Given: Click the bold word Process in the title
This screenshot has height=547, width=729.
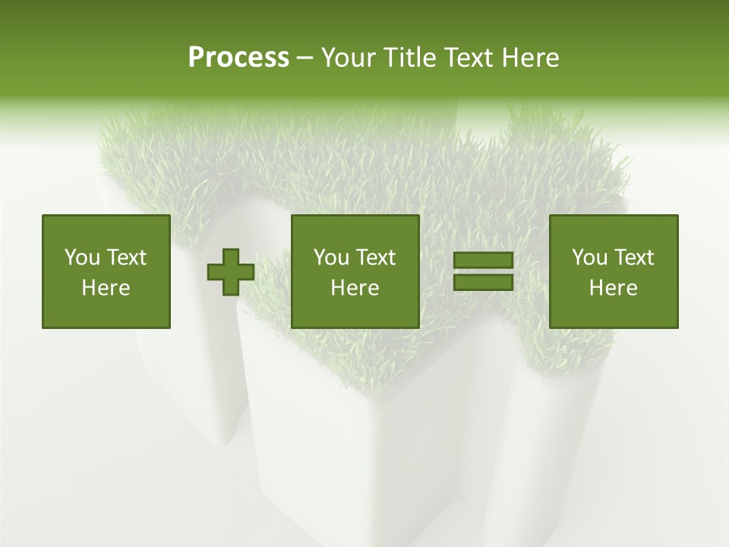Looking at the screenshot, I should coord(238,57).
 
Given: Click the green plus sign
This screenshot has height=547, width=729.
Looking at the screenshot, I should coord(231,272).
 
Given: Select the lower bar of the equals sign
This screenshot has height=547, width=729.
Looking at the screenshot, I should coord(483,283).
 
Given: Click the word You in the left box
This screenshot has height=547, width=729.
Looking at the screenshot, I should coord(81,258).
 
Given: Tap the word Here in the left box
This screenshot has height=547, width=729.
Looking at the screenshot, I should coord(106,288).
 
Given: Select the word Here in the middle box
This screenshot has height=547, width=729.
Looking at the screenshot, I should coord(355,288).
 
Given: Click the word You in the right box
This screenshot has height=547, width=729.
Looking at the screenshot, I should coord(589,258).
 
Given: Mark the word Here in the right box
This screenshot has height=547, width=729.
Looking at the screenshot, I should coord(614,288).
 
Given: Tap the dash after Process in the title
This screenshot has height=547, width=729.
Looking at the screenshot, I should coord(305,58).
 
